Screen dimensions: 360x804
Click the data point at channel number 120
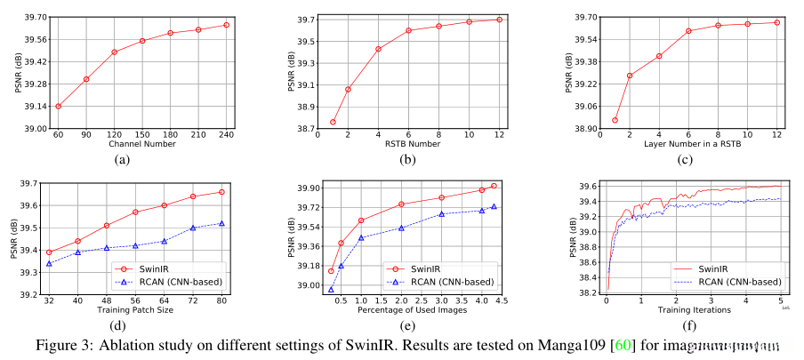coord(115,52)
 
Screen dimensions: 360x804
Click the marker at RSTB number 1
coord(333,122)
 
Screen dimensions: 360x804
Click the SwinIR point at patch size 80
coord(221,192)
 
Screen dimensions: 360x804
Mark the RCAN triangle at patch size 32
coord(49,263)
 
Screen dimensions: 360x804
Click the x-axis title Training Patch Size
coord(135,310)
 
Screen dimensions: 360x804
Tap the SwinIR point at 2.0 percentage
coord(402,204)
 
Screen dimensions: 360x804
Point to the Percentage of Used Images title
coord(411,310)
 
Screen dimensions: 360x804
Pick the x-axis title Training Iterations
coord(694,310)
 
